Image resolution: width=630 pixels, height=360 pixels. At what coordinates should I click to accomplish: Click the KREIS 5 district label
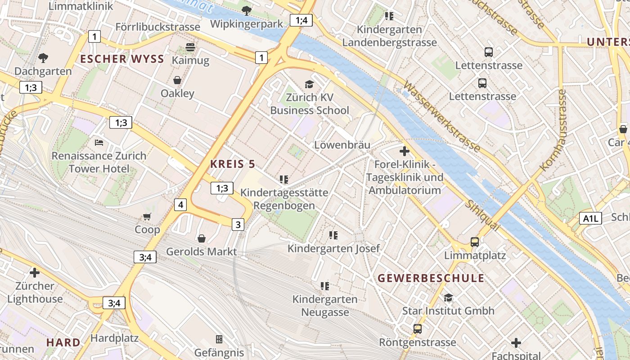click(x=233, y=164)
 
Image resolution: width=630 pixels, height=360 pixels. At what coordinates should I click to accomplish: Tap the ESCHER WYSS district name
click(x=122, y=59)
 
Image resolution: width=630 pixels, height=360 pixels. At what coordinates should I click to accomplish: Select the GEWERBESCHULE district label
click(x=431, y=278)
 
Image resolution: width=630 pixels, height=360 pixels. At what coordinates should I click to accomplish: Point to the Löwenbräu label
click(x=342, y=145)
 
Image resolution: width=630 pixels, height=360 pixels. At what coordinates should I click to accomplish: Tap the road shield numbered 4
click(x=180, y=205)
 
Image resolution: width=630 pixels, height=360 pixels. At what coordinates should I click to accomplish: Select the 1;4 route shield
click(x=301, y=20)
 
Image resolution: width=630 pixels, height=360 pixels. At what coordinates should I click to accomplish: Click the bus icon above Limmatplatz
click(x=475, y=242)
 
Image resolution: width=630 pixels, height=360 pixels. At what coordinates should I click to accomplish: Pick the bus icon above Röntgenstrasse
click(x=418, y=329)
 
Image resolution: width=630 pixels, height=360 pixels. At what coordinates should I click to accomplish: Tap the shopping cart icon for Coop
click(x=147, y=216)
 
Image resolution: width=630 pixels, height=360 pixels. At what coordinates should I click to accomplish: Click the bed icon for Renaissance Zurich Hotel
click(x=99, y=143)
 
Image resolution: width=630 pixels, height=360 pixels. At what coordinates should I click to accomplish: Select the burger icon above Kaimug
click(x=190, y=47)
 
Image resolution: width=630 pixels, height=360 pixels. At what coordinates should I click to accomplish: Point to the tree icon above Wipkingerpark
click(x=247, y=10)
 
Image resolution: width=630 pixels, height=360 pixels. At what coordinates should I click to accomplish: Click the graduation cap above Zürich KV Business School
click(x=309, y=84)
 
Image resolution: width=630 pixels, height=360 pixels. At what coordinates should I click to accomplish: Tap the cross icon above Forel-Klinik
click(x=404, y=151)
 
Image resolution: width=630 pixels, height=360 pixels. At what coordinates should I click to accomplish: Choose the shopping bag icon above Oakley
click(x=177, y=80)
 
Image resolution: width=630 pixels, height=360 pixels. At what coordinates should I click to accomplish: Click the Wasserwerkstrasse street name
click(x=441, y=116)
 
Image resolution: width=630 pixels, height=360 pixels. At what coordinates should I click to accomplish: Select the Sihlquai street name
click(x=483, y=216)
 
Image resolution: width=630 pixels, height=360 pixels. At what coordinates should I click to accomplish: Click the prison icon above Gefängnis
click(x=219, y=339)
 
